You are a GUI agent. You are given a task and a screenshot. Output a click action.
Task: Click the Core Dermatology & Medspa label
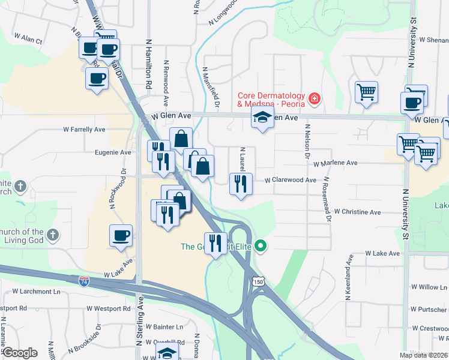coord(271,99)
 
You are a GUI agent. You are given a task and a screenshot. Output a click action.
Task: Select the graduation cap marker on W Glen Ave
coord(262,118)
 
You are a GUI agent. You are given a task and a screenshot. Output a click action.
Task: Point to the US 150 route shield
coord(258,281)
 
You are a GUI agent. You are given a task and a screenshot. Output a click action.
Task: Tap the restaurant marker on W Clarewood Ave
coord(241,183)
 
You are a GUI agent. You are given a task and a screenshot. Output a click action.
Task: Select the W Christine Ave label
coord(358,212)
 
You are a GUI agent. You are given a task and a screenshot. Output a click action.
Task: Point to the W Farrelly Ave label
coord(85,129)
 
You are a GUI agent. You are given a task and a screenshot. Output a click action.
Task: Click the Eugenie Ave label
coord(113,152)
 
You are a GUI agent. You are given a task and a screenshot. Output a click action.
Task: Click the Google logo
coord(19,352)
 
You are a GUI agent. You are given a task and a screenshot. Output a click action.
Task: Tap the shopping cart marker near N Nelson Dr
coord(366,92)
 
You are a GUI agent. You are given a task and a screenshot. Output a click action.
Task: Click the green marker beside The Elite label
coord(261,246)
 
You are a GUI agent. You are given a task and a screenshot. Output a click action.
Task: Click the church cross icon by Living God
coord(53,235)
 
